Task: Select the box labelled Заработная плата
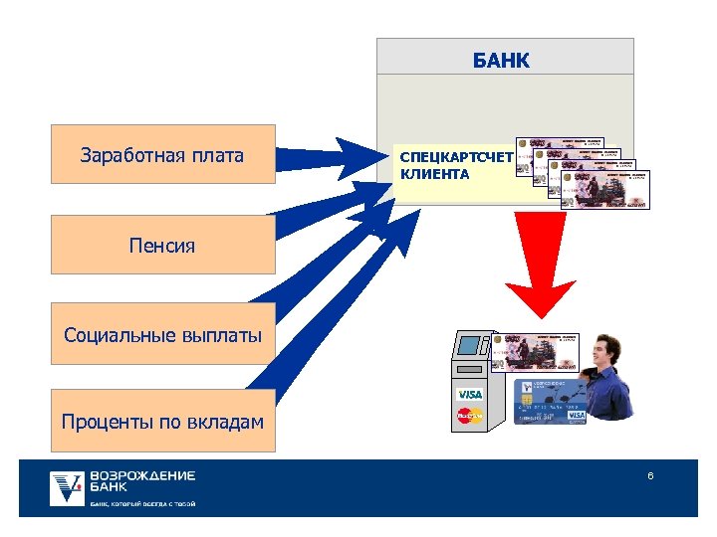click(x=162, y=155)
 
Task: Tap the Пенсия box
click(x=162, y=245)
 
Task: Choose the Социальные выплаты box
click(x=162, y=334)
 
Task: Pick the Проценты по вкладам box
click(x=162, y=422)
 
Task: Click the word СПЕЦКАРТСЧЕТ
click(x=455, y=156)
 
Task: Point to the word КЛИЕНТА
click(x=434, y=174)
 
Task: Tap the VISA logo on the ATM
click(x=469, y=395)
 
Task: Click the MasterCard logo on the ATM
click(x=469, y=416)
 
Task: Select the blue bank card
click(x=548, y=402)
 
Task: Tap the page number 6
click(x=650, y=476)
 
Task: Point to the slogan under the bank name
click(x=142, y=504)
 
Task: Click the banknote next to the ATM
click(x=533, y=354)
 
